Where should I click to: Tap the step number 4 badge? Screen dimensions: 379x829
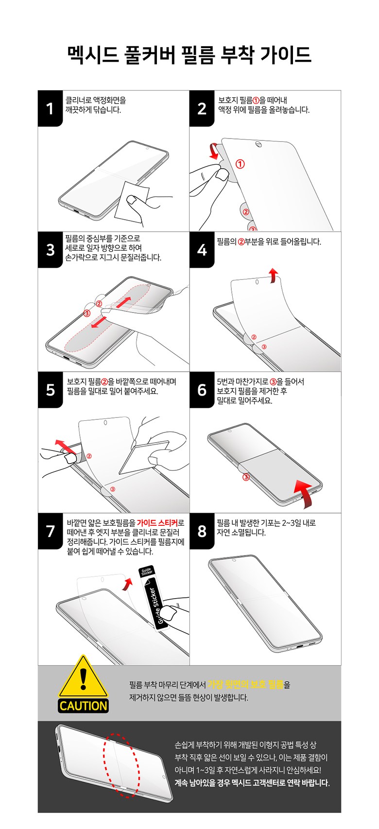pyautogui.click(x=202, y=250)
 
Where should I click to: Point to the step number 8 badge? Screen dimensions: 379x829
pyautogui.click(x=202, y=531)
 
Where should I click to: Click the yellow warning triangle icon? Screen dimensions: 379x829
pyautogui.click(x=83, y=678)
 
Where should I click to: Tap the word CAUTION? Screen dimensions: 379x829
pyautogui.click(x=83, y=706)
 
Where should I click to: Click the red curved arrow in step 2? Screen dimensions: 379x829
pyautogui.click(x=214, y=151)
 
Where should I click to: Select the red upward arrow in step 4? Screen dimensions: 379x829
pyautogui.click(x=273, y=276)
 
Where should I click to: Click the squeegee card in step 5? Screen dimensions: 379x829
pyautogui.click(x=144, y=457)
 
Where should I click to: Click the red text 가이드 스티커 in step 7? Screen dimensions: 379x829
pyautogui.click(x=157, y=522)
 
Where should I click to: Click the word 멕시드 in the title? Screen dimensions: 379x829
pyautogui.click(x=93, y=55)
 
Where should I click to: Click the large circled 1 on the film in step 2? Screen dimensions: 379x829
pyautogui.click(x=240, y=164)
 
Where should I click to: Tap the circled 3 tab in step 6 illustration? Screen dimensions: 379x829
pyautogui.click(x=246, y=477)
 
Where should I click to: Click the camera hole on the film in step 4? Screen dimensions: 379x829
pyautogui.click(x=257, y=282)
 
